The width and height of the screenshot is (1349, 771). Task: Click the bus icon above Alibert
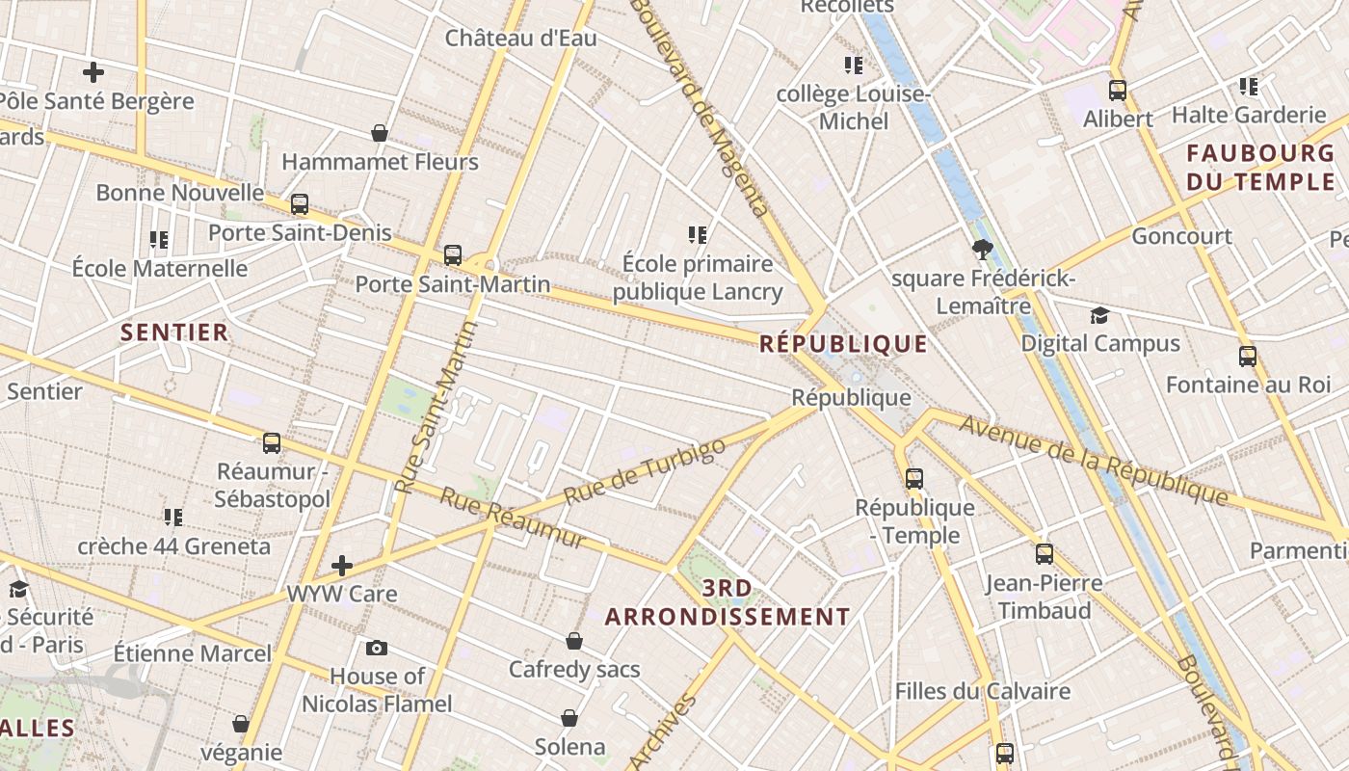pos(1118,92)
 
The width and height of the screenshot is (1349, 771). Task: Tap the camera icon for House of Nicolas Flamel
pos(377,648)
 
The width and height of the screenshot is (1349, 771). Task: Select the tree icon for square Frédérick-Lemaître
pos(982,251)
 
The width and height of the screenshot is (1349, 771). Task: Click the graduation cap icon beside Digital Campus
pos(1099,315)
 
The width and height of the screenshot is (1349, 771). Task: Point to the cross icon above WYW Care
pos(341,566)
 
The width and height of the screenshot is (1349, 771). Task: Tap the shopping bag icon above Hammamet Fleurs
pos(380,133)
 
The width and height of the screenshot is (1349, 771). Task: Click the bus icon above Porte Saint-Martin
pos(453,256)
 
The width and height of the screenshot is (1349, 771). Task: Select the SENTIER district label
pos(174,332)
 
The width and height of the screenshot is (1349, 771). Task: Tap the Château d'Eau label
pos(520,39)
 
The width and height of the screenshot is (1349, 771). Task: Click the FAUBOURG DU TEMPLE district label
pos(1259,168)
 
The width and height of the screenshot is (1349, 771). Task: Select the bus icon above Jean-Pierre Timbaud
pos(1045,554)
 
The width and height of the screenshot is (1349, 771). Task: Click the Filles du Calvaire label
pos(982,691)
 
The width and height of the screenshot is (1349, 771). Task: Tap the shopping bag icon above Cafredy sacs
pos(574,641)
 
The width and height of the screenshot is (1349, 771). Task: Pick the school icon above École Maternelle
pos(159,240)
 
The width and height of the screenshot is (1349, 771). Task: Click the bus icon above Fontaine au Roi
pos(1248,357)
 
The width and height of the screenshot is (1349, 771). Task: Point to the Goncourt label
pos(1181,236)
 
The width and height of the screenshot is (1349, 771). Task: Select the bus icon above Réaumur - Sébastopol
pos(272,443)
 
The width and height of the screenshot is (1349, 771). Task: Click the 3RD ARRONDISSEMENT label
pos(727,602)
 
